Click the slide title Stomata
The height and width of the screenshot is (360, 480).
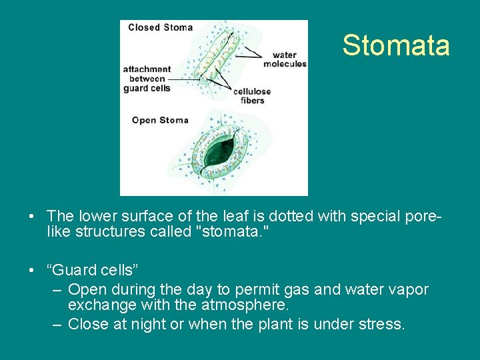coord(396,45)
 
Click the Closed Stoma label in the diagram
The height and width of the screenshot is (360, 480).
coord(160,27)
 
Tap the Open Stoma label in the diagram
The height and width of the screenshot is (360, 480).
coord(160,120)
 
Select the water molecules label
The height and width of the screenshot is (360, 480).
coord(285,59)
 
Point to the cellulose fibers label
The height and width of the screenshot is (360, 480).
coord(252,96)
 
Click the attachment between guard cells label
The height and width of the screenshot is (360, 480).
coord(147,79)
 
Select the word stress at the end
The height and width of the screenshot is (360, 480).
coord(383,325)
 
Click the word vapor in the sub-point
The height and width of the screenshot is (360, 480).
coord(407,289)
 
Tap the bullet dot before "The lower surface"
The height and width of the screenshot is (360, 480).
coord(32,217)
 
